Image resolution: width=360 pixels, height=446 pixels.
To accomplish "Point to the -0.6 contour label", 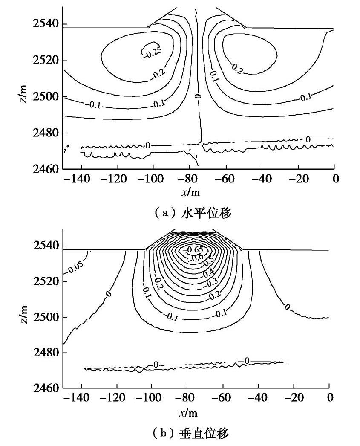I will [x=197, y=258].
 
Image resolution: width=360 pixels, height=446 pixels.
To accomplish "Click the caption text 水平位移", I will [x=214, y=213].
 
